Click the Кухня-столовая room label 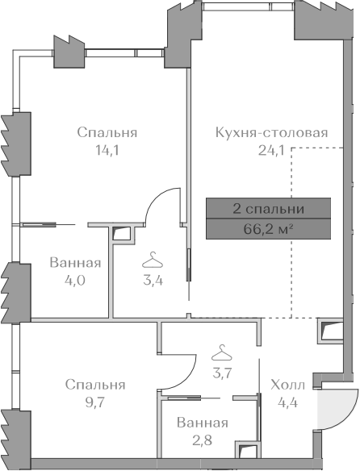tap(271, 132)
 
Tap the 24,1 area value tap(271, 150)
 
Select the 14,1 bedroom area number tap(107, 150)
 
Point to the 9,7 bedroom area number tap(95, 402)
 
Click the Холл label tap(288, 385)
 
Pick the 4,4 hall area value tap(288, 402)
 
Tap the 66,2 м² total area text tap(268, 230)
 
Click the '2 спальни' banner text tap(268, 209)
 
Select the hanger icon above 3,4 tap(153, 261)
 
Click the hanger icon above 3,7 tap(222, 353)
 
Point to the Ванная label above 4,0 tap(75, 263)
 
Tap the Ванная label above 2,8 tap(203, 423)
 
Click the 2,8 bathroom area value tap(203, 440)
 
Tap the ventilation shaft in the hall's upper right tap(331, 331)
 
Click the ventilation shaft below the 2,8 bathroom tap(248, 450)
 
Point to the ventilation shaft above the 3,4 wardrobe tap(123, 234)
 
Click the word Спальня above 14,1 tap(107, 132)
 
